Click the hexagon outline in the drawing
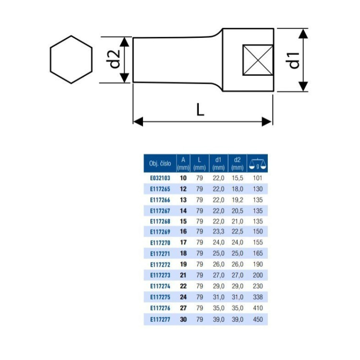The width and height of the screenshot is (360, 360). [50, 60]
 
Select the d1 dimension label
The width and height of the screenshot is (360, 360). [294, 60]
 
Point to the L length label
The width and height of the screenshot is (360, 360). [201, 109]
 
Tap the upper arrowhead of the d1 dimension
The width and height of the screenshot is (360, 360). [304, 34]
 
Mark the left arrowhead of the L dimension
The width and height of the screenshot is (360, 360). [138, 122]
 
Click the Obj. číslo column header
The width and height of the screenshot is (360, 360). [160, 164]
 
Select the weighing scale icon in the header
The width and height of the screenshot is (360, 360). [257, 164]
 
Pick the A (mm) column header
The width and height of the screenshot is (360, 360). [183, 164]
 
